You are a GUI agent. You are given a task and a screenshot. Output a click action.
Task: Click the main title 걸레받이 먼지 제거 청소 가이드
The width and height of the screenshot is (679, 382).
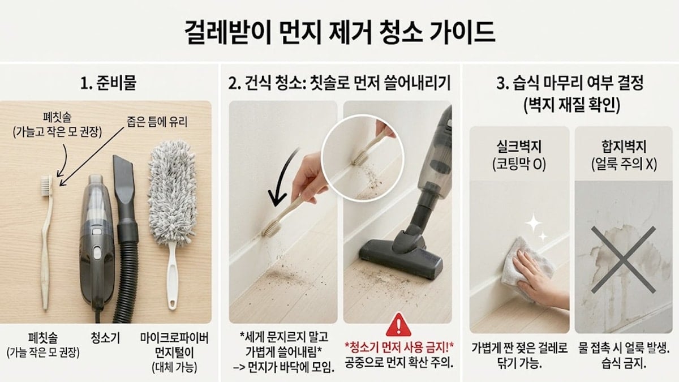pos(339,32)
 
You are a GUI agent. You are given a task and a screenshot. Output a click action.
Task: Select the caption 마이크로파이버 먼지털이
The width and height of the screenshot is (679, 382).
pos(174,345)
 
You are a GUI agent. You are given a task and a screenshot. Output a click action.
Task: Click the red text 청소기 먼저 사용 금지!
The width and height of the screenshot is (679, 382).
pos(399,346)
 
